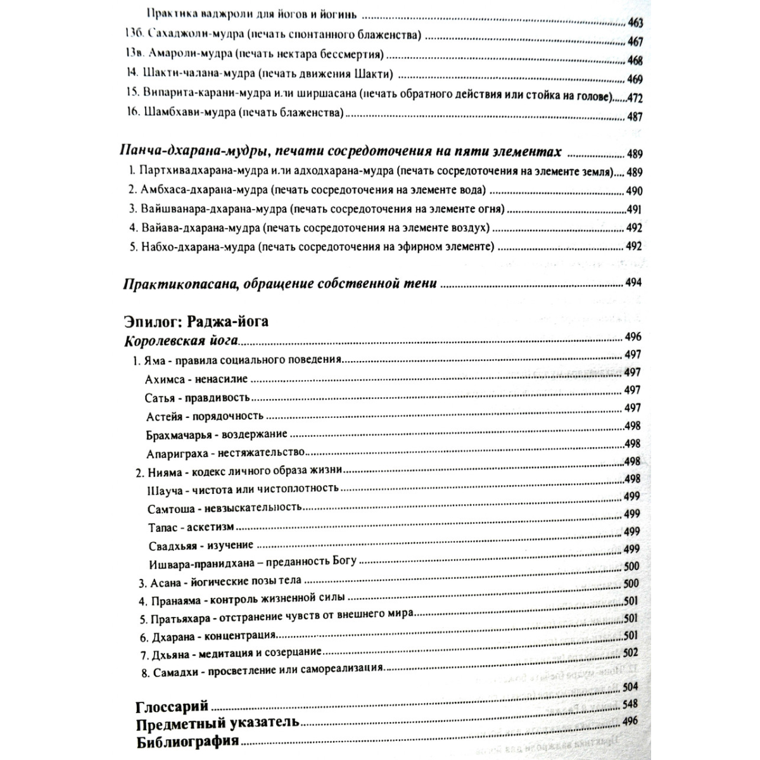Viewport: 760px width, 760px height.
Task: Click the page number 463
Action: tap(635, 23)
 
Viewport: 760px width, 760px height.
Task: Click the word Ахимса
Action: tap(165, 379)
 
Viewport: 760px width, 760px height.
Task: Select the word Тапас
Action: tap(161, 527)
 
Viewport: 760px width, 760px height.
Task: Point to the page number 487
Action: tap(634, 117)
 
